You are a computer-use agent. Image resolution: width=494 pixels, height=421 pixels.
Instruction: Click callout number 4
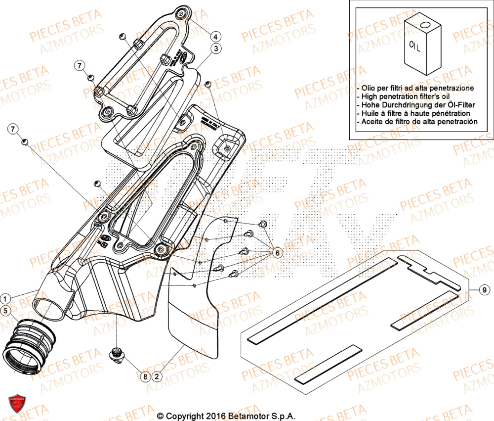pos(216,36)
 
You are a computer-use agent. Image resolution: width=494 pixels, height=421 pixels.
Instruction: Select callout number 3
pos(216,48)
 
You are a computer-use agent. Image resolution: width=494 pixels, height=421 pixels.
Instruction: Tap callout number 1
pos(4,298)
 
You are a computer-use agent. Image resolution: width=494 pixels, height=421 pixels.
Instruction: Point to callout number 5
pos(4,311)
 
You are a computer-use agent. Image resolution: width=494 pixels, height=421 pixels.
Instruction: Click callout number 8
pos(145,376)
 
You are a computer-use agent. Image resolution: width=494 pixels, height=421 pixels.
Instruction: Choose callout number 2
pos(157,376)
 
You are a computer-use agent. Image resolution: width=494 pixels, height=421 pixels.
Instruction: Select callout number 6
pos(277,253)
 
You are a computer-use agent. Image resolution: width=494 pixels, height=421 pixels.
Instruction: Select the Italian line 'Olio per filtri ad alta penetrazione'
pos(417,88)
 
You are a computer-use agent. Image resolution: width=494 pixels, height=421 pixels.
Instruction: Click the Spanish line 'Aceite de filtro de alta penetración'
pos(419,121)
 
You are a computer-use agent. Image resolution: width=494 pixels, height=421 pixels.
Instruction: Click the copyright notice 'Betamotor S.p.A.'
pos(226,416)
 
